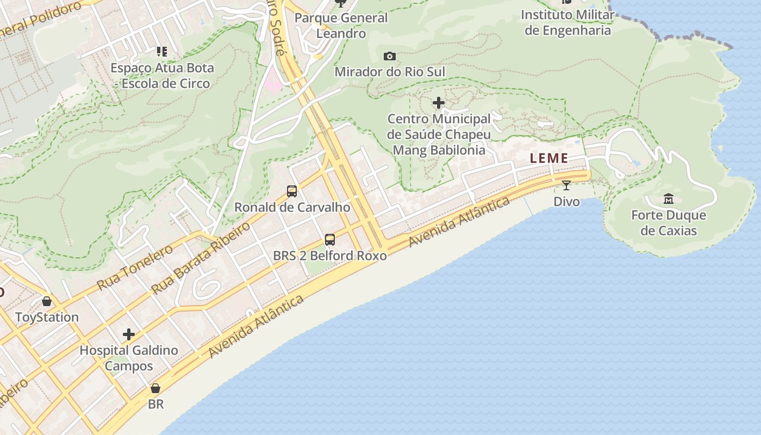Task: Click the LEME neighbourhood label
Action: pyautogui.click(x=549, y=158)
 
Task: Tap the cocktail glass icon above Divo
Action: pyautogui.click(x=566, y=185)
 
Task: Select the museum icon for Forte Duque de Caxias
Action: pyautogui.click(x=669, y=198)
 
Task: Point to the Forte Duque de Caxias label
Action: pyautogui.click(x=669, y=223)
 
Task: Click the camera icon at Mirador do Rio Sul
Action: pyautogui.click(x=389, y=56)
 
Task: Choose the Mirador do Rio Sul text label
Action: pyautogui.click(x=390, y=72)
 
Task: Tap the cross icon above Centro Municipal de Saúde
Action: pyautogui.click(x=439, y=103)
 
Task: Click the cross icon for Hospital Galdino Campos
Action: pyautogui.click(x=129, y=334)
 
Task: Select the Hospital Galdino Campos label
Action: pyautogui.click(x=129, y=358)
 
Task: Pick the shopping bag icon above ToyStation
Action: pyautogui.click(x=47, y=301)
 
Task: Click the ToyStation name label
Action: pyautogui.click(x=47, y=317)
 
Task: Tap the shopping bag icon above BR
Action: pyautogui.click(x=155, y=388)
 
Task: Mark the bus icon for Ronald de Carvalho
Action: pyautogui.click(x=292, y=191)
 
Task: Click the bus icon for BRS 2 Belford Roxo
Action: pyautogui.click(x=329, y=239)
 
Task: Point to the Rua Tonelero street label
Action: pyautogui.click(x=135, y=267)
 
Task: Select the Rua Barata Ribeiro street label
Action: pyautogui.click(x=201, y=258)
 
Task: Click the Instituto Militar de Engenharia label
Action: pyautogui.click(x=567, y=22)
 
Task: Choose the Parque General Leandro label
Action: pyautogui.click(x=341, y=26)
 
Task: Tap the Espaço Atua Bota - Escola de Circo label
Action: pyautogui.click(x=162, y=76)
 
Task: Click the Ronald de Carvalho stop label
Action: pyautogui.click(x=292, y=207)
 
